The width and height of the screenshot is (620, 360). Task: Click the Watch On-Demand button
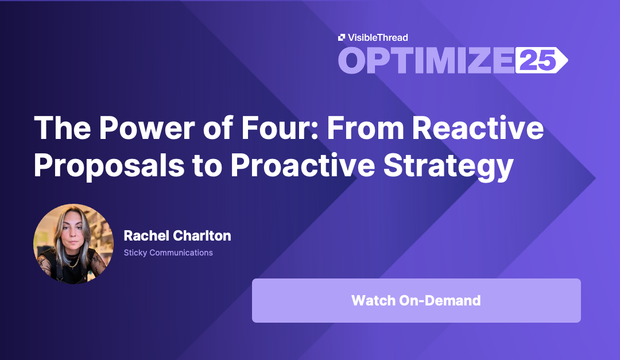click(416, 300)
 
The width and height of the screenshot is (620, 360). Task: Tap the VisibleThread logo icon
click(342, 37)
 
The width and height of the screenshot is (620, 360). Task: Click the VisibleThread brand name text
click(378, 37)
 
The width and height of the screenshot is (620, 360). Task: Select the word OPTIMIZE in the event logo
click(426, 60)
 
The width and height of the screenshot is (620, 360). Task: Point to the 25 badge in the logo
click(541, 60)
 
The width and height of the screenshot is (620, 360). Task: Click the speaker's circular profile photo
click(73, 243)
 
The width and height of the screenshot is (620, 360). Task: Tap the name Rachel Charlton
click(177, 236)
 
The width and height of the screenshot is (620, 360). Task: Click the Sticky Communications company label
click(168, 253)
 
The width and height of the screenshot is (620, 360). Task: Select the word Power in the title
click(147, 128)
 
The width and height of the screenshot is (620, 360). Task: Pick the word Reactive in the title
click(478, 128)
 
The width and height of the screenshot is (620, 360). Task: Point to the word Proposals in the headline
click(109, 165)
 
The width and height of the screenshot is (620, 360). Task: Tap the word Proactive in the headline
click(303, 165)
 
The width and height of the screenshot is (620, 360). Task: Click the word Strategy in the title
click(448, 166)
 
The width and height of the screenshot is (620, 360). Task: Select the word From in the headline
click(365, 128)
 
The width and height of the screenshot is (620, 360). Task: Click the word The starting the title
click(63, 128)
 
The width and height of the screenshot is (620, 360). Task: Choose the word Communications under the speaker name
click(181, 253)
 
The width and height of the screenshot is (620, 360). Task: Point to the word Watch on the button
click(373, 301)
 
